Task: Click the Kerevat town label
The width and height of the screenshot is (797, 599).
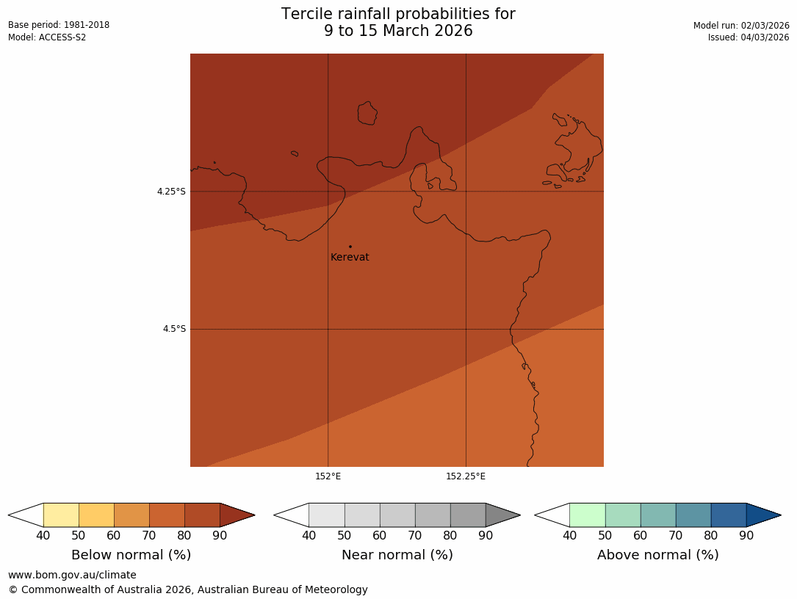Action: click(350, 258)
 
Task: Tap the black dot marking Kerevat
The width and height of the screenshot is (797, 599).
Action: click(350, 247)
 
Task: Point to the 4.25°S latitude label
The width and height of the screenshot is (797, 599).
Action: click(171, 192)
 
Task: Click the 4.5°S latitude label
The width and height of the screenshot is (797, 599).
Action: click(174, 329)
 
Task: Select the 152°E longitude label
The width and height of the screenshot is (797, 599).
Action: click(328, 476)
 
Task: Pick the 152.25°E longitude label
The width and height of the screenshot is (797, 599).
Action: click(465, 476)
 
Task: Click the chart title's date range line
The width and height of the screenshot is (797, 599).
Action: click(398, 31)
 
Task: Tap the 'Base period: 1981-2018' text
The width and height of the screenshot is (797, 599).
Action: click(59, 25)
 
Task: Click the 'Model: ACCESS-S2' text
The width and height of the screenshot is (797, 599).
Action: click(47, 37)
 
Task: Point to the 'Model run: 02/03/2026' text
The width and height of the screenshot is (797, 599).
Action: click(741, 26)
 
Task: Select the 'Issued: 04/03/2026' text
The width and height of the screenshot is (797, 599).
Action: click(749, 37)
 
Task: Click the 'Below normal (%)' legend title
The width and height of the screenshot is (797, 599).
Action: click(131, 555)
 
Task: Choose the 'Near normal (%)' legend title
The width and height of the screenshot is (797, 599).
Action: click(397, 555)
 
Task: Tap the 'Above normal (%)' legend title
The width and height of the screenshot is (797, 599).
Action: click(657, 555)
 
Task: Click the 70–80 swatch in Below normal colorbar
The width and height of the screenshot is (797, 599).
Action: click(167, 515)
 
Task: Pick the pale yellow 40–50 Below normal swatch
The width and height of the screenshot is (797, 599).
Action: click(61, 515)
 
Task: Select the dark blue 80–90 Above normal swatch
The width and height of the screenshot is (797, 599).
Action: click(729, 515)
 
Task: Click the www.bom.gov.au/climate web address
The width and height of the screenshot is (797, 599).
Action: click(72, 575)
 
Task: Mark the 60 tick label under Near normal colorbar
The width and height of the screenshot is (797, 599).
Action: click(379, 535)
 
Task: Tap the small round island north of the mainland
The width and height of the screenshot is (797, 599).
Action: click(367, 113)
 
